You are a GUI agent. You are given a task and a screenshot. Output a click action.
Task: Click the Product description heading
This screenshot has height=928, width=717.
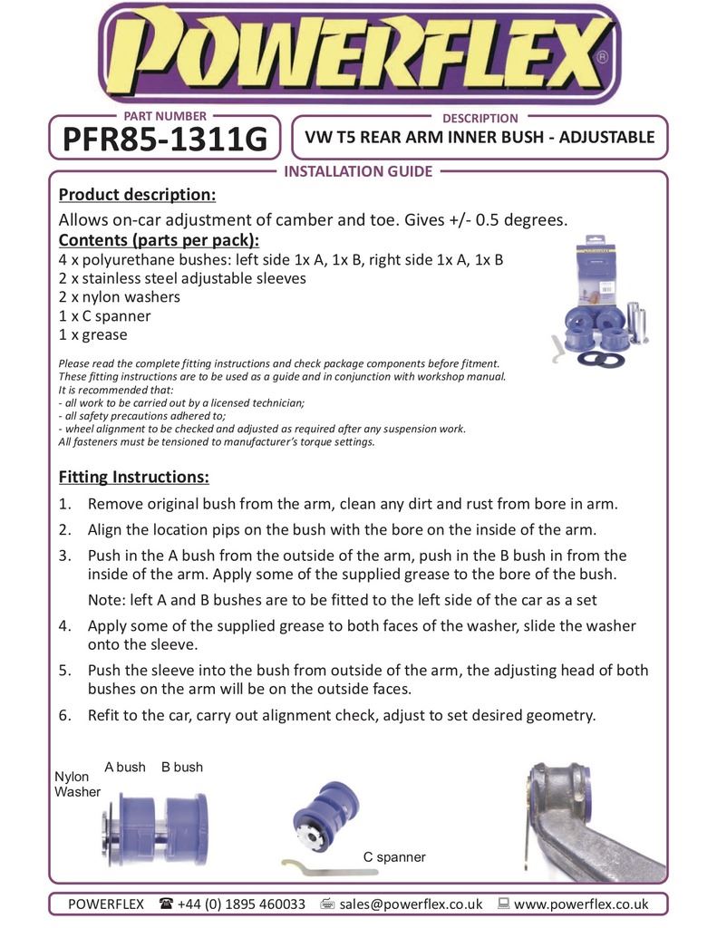(x=137, y=195)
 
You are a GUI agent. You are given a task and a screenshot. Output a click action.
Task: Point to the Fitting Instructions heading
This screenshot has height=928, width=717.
(x=133, y=477)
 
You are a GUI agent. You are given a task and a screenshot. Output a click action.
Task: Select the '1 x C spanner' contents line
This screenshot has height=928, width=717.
(x=104, y=316)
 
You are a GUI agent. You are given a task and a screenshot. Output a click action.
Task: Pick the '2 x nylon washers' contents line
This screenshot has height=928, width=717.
(x=119, y=297)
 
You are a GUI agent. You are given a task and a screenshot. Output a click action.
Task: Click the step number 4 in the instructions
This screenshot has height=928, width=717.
(x=64, y=626)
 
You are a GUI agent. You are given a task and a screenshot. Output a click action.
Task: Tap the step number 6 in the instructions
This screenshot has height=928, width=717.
(x=64, y=715)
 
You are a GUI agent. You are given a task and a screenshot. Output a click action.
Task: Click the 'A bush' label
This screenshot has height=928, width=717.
(x=125, y=767)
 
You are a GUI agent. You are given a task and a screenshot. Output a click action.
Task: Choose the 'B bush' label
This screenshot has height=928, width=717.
(x=182, y=767)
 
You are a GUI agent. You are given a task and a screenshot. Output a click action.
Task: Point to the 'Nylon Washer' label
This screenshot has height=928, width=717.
(x=77, y=784)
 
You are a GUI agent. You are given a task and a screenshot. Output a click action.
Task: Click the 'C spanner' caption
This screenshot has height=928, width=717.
(x=394, y=856)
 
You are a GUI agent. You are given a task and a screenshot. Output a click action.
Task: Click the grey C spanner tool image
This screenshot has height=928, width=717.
(x=328, y=869)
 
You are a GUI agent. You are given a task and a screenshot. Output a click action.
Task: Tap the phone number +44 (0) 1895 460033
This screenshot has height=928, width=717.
(x=243, y=904)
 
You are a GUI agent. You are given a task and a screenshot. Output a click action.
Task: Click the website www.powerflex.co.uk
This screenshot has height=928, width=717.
(x=581, y=904)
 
